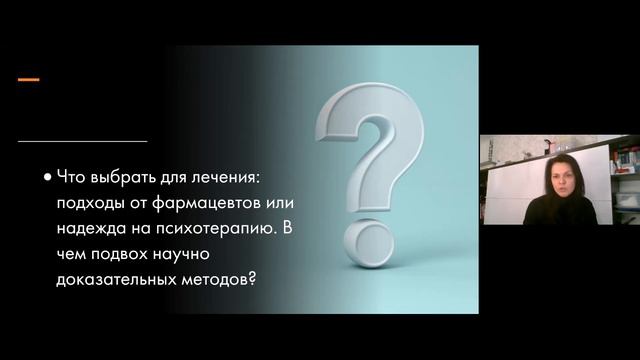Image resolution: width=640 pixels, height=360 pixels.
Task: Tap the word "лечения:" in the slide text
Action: click(x=225, y=175)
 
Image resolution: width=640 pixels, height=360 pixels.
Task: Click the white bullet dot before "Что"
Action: click(x=47, y=176)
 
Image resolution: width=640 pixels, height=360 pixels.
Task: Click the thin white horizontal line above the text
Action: click(x=82, y=140)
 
